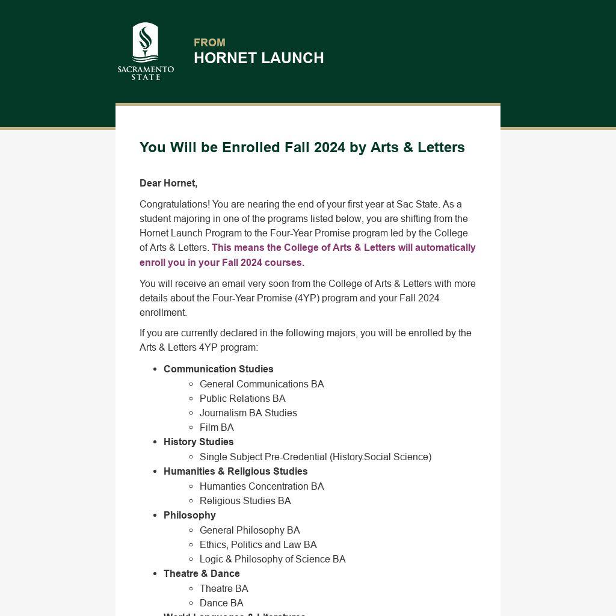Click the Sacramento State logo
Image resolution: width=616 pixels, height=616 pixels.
coord(146,51)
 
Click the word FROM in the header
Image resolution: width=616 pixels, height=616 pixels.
coord(209,43)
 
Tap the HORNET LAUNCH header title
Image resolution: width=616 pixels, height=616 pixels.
coord(259,58)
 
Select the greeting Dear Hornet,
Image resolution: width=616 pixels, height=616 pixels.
coord(168,183)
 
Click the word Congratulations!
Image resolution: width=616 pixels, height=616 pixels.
coord(174,205)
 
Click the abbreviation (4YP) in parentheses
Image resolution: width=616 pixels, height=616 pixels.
coord(307,298)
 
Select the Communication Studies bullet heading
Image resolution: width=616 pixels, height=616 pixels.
coord(218,369)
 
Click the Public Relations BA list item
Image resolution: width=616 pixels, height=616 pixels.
coord(242,399)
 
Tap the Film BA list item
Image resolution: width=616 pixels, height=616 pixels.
coord(217,428)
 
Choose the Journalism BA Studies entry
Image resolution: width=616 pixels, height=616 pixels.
coord(248,413)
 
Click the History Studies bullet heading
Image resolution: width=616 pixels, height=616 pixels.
coord(199,442)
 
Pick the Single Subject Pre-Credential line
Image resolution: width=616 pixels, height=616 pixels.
coord(315,457)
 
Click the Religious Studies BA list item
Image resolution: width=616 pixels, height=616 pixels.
coord(245,501)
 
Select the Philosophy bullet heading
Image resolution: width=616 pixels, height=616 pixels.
coord(189,516)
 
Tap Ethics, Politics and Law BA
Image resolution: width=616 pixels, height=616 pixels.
coord(258,545)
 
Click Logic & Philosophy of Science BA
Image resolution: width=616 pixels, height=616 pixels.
coord(273,559)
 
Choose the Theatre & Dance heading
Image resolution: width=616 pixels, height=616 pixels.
coord(202,574)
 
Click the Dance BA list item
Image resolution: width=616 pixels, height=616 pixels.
coord(221,603)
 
